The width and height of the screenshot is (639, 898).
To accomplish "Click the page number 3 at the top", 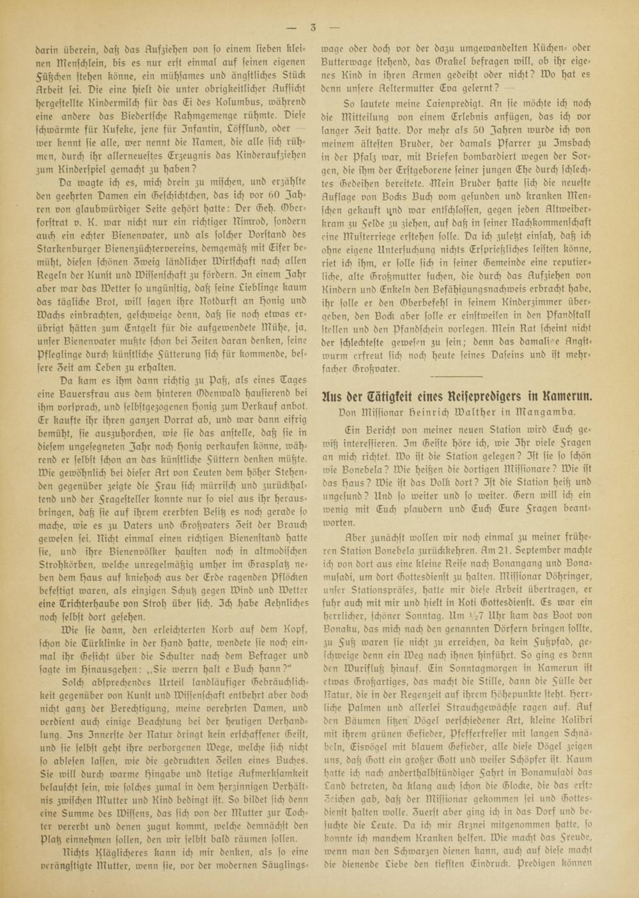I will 313,27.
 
